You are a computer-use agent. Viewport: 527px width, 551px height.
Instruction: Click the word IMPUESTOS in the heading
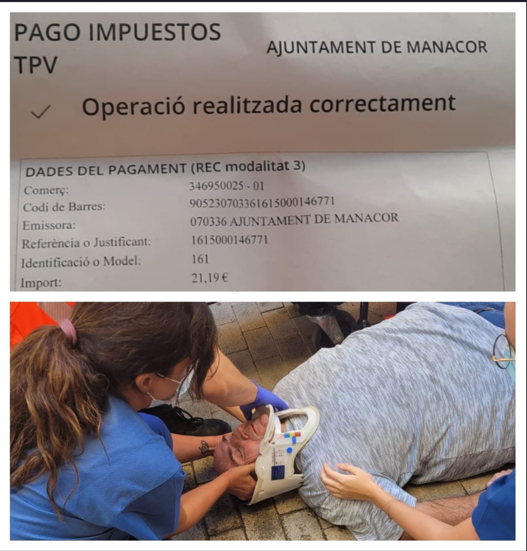tap(155, 32)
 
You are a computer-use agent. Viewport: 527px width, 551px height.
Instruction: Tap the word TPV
tap(36, 64)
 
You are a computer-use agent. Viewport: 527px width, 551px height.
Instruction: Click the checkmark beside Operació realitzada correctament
tap(41, 111)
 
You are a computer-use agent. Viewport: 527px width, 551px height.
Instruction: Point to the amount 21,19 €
tap(210, 278)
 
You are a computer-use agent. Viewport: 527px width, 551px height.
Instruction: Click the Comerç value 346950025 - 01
tap(226, 186)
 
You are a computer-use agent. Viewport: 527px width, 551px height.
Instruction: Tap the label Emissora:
tap(49, 225)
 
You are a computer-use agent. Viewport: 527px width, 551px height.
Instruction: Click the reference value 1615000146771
tap(229, 240)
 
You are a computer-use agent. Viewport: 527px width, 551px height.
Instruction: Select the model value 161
tap(200, 259)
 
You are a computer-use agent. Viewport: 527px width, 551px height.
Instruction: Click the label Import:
tap(41, 282)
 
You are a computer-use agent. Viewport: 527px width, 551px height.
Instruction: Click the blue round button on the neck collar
tap(289, 450)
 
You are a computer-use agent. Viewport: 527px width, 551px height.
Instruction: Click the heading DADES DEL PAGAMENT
tap(106, 170)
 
